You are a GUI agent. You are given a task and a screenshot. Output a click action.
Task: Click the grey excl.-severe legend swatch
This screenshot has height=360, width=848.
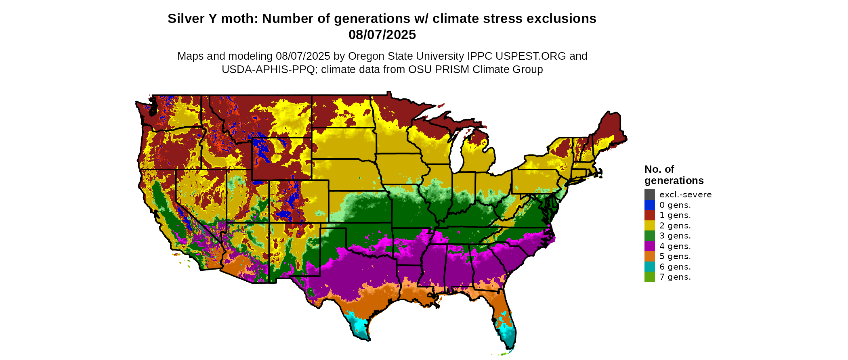coord(649,195)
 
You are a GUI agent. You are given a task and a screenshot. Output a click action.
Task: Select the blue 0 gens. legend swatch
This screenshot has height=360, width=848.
coord(649,205)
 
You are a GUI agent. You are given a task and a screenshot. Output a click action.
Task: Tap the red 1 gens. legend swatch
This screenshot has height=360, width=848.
coord(649,215)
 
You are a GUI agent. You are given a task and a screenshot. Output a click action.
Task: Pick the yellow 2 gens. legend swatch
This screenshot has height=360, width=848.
coord(649,226)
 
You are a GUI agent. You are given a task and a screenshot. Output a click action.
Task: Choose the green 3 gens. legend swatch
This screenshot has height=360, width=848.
coord(649,236)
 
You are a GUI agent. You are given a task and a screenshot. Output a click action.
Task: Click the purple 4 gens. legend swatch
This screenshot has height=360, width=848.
coord(649,246)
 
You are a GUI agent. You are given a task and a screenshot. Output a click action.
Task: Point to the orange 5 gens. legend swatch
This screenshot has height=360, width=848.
coord(649,256)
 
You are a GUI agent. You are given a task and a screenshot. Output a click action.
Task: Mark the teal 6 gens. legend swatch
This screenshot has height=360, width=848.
coord(649,267)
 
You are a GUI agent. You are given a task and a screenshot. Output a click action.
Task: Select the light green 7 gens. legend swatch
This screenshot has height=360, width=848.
coord(649,277)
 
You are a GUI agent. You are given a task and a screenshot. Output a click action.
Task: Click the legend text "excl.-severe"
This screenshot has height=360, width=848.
coord(685,195)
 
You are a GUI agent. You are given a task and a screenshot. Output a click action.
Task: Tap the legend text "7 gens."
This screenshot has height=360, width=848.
coord(675,277)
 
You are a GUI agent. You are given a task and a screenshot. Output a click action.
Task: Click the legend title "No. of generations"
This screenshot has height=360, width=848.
coord(674,175)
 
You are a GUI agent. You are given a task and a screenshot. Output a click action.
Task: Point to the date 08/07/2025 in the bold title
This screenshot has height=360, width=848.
coord(382,35)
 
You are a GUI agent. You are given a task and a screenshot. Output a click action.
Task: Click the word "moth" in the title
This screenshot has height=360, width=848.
coord(243,19)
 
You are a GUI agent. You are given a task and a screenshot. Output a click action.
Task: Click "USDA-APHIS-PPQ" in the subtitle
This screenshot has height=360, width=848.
coord(268,69)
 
